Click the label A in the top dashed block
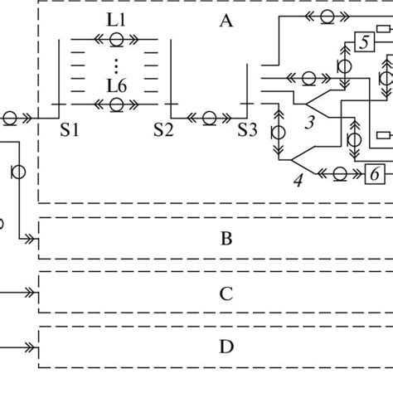pos(225,22)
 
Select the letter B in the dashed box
pos(226,240)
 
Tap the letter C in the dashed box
pos(226,293)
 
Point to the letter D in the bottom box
pos(226,347)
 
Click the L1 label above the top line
pos(116,21)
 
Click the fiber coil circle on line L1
pos(116,38)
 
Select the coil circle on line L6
pos(116,104)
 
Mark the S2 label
pos(163,129)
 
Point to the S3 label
pos(248,129)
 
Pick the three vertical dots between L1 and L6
pos(116,65)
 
